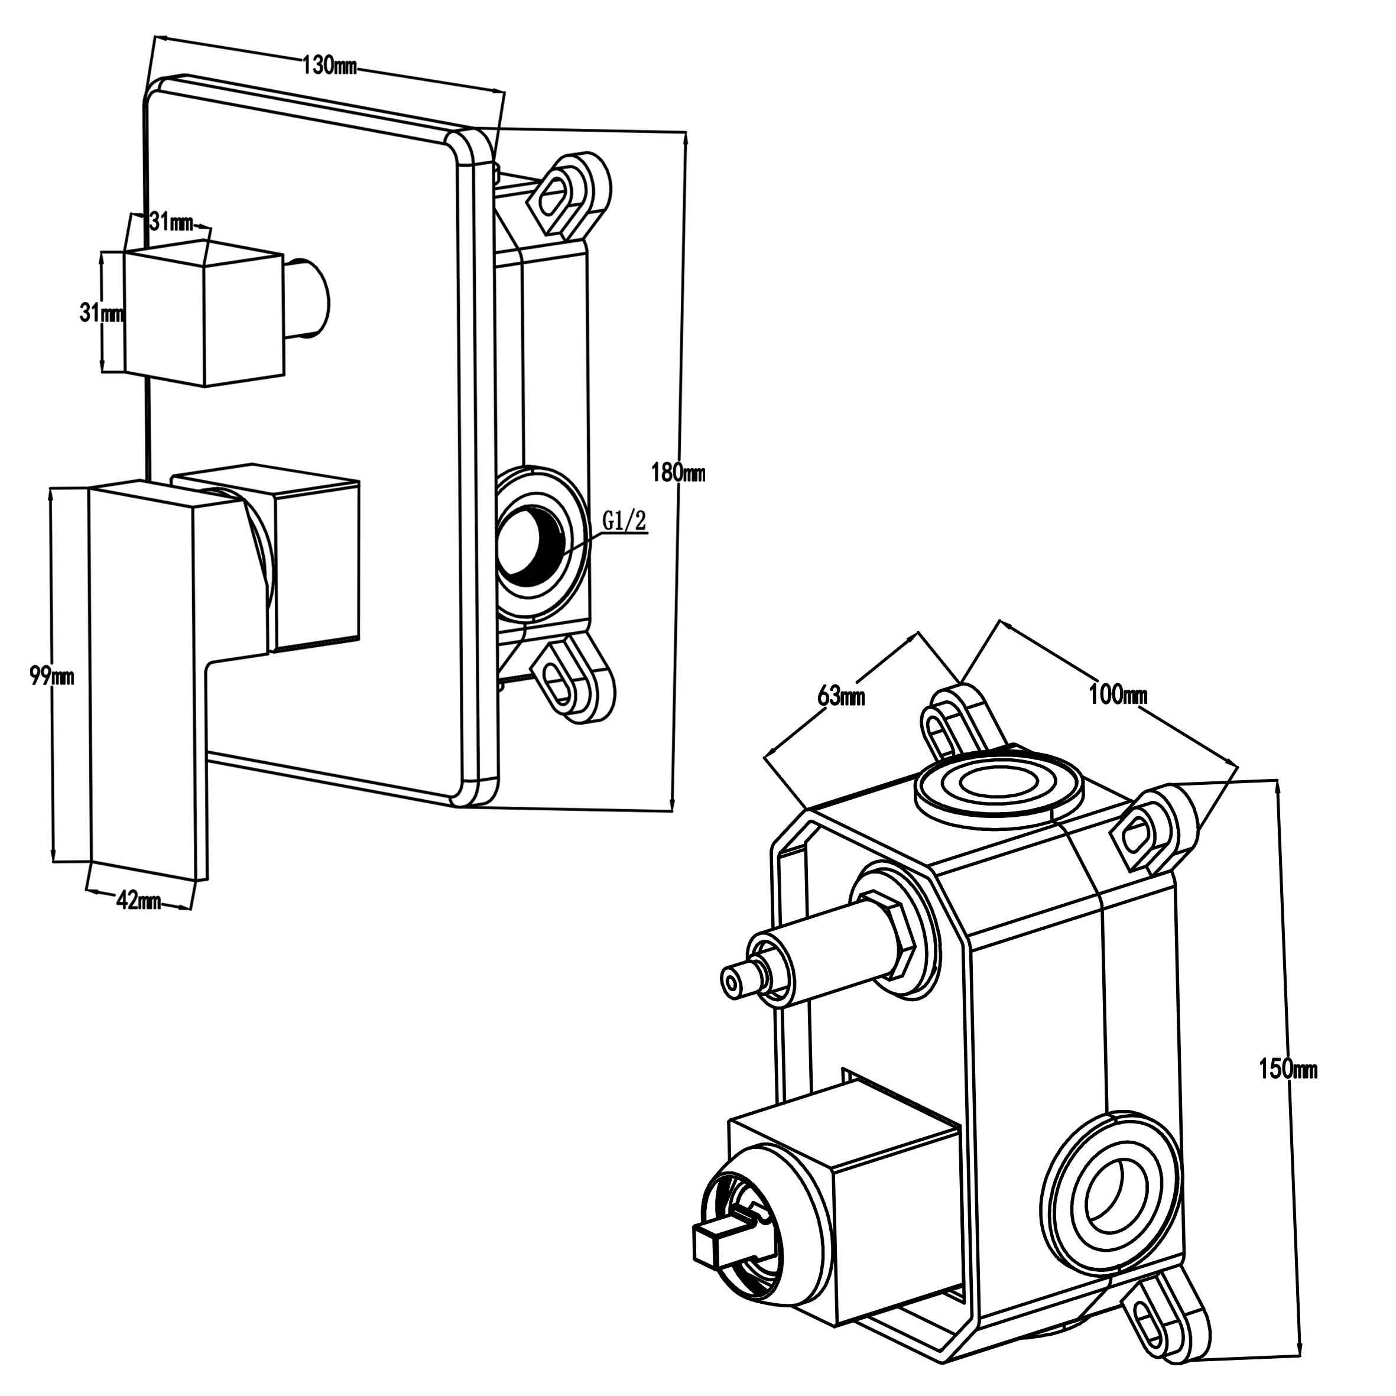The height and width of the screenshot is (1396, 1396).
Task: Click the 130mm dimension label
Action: [329, 66]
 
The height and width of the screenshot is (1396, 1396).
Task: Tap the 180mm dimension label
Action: [678, 473]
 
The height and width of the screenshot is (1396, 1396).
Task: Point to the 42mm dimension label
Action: [138, 901]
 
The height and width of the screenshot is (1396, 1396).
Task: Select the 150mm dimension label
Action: [1288, 1069]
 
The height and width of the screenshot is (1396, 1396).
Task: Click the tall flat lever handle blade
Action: [145, 679]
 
